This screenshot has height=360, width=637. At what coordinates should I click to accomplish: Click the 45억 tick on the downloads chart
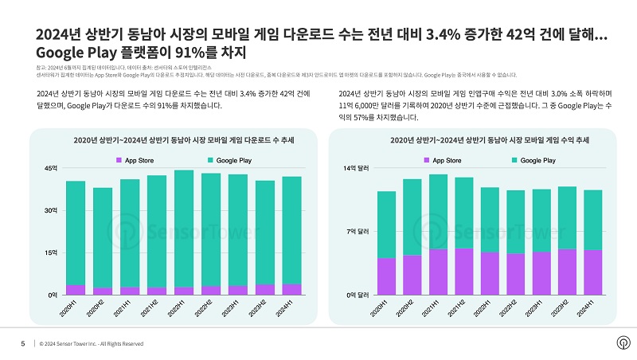pyautogui.click(x=50, y=169)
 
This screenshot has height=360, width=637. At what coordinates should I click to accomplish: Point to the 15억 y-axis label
pyautogui.click(x=50, y=253)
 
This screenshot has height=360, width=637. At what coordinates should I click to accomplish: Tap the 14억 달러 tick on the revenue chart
pyautogui.click(x=355, y=169)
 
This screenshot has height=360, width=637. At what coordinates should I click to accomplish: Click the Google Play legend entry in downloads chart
pyautogui.click(x=230, y=161)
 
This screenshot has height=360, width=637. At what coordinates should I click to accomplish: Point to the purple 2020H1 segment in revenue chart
pyautogui.click(x=387, y=276)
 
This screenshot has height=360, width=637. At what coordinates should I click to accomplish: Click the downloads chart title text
pyautogui.click(x=182, y=140)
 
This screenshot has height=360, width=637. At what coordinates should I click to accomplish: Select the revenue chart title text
pyautogui.click(x=490, y=140)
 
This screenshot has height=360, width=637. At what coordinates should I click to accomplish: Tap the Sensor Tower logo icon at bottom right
pyautogui.click(x=623, y=342)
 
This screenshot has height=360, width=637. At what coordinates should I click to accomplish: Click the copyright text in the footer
pyautogui.click(x=92, y=344)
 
